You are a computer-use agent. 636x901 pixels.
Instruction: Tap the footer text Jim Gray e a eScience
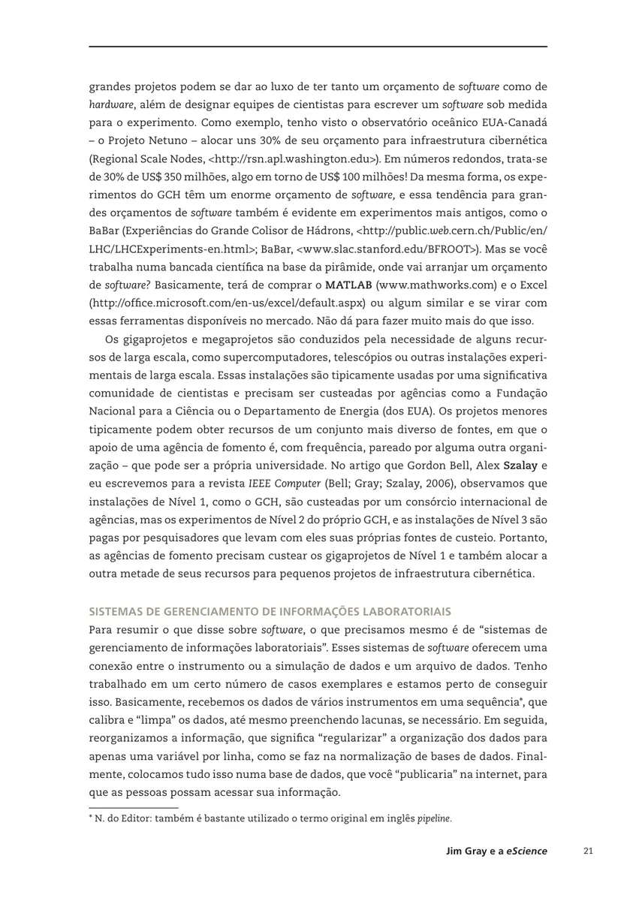(496, 851)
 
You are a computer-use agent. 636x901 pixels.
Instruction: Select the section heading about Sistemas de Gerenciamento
(270, 612)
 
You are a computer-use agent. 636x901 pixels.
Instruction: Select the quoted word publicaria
(405, 775)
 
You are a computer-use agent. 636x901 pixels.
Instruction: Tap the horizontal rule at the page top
(318, 47)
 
